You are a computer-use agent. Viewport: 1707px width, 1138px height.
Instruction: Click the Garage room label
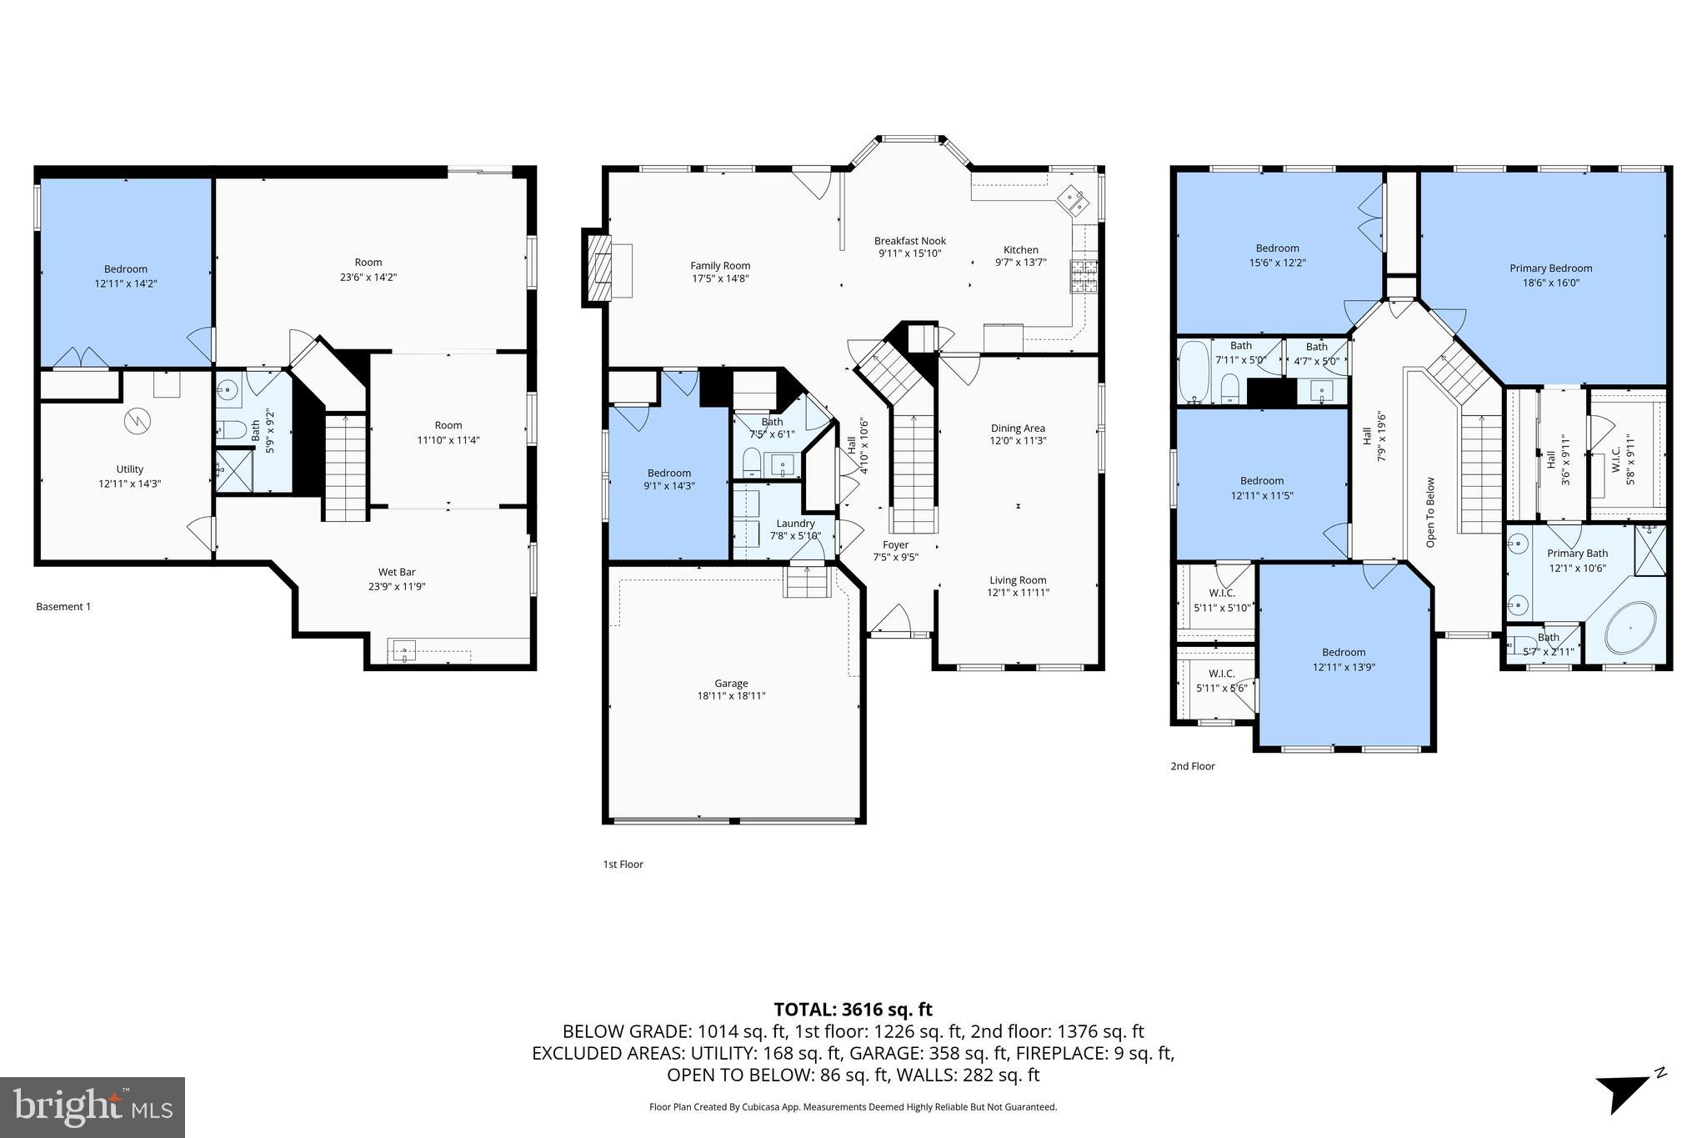tap(731, 684)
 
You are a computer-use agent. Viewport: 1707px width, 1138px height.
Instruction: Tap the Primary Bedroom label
tap(1550, 268)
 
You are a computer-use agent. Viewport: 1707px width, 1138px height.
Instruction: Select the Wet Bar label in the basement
tap(397, 572)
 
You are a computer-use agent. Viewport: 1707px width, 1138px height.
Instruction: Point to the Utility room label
tap(130, 469)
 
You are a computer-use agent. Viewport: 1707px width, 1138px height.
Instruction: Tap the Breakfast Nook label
tap(909, 241)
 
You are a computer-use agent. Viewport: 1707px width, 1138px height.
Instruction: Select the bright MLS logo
tap(93, 1107)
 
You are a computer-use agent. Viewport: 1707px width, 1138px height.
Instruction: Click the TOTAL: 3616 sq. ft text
tap(853, 1010)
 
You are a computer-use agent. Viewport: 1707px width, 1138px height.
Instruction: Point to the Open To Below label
tap(1430, 512)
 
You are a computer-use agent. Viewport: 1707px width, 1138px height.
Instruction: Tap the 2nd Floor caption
tap(1192, 766)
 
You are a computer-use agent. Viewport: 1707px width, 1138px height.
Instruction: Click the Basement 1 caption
tap(63, 606)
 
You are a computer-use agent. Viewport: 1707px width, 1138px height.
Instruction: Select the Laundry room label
tap(795, 524)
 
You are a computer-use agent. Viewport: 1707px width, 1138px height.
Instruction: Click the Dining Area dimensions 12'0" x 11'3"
tap(1018, 441)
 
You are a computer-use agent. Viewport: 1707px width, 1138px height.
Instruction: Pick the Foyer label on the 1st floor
tap(895, 544)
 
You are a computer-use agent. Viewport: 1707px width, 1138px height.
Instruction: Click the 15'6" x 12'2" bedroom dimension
tap(1277, 263)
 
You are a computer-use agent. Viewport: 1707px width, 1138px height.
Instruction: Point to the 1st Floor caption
tap(623, 865)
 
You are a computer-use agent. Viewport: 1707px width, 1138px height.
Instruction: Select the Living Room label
tap(1018, 580)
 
